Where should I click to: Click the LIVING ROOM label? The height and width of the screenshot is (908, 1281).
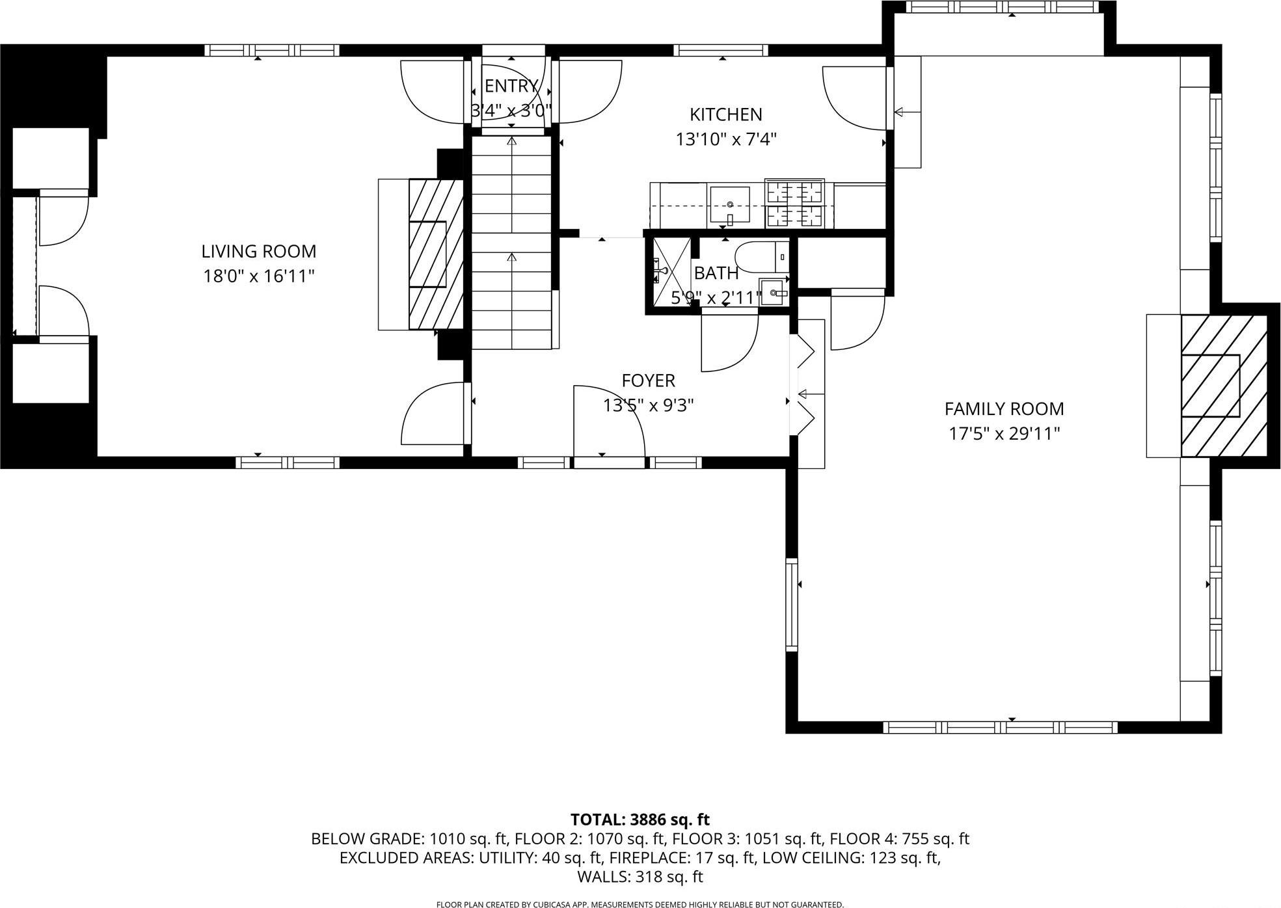pos(258,251)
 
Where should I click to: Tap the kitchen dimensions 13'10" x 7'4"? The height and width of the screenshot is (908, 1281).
pos(726,139)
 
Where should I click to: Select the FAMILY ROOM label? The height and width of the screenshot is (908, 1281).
pos(1004,408)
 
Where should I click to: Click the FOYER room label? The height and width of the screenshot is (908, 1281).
pos(648,380)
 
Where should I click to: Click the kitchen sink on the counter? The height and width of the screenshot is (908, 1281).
pos(729,205)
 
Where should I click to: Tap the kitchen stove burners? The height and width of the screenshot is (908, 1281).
pos(794,204)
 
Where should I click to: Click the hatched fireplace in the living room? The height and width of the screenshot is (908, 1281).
pos(435,254)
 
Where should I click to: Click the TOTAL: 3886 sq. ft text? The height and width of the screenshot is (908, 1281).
pos(640,819)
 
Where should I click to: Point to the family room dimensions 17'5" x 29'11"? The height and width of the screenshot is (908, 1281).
pos(1004,433)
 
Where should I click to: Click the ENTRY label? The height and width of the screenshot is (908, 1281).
pos(511,86)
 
